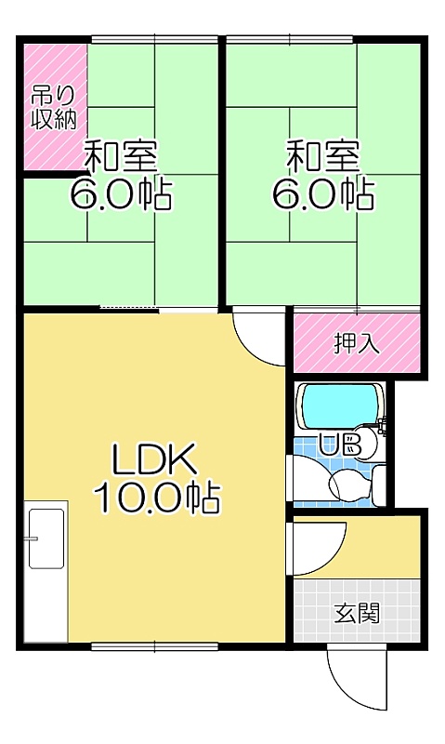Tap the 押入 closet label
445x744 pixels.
click(357, 343)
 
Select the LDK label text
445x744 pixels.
click(154, 458)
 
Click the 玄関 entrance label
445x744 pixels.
click(357, 614)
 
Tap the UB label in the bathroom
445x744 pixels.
click(340, 445)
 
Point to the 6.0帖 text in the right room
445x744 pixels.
click(322, 193)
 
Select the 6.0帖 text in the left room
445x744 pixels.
click(121, 193)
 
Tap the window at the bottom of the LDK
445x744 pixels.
click(154, 645)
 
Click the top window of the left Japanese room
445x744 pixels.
click(154, 40)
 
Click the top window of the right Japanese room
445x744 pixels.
click(289, 40)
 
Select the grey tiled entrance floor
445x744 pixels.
click(357, 610)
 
